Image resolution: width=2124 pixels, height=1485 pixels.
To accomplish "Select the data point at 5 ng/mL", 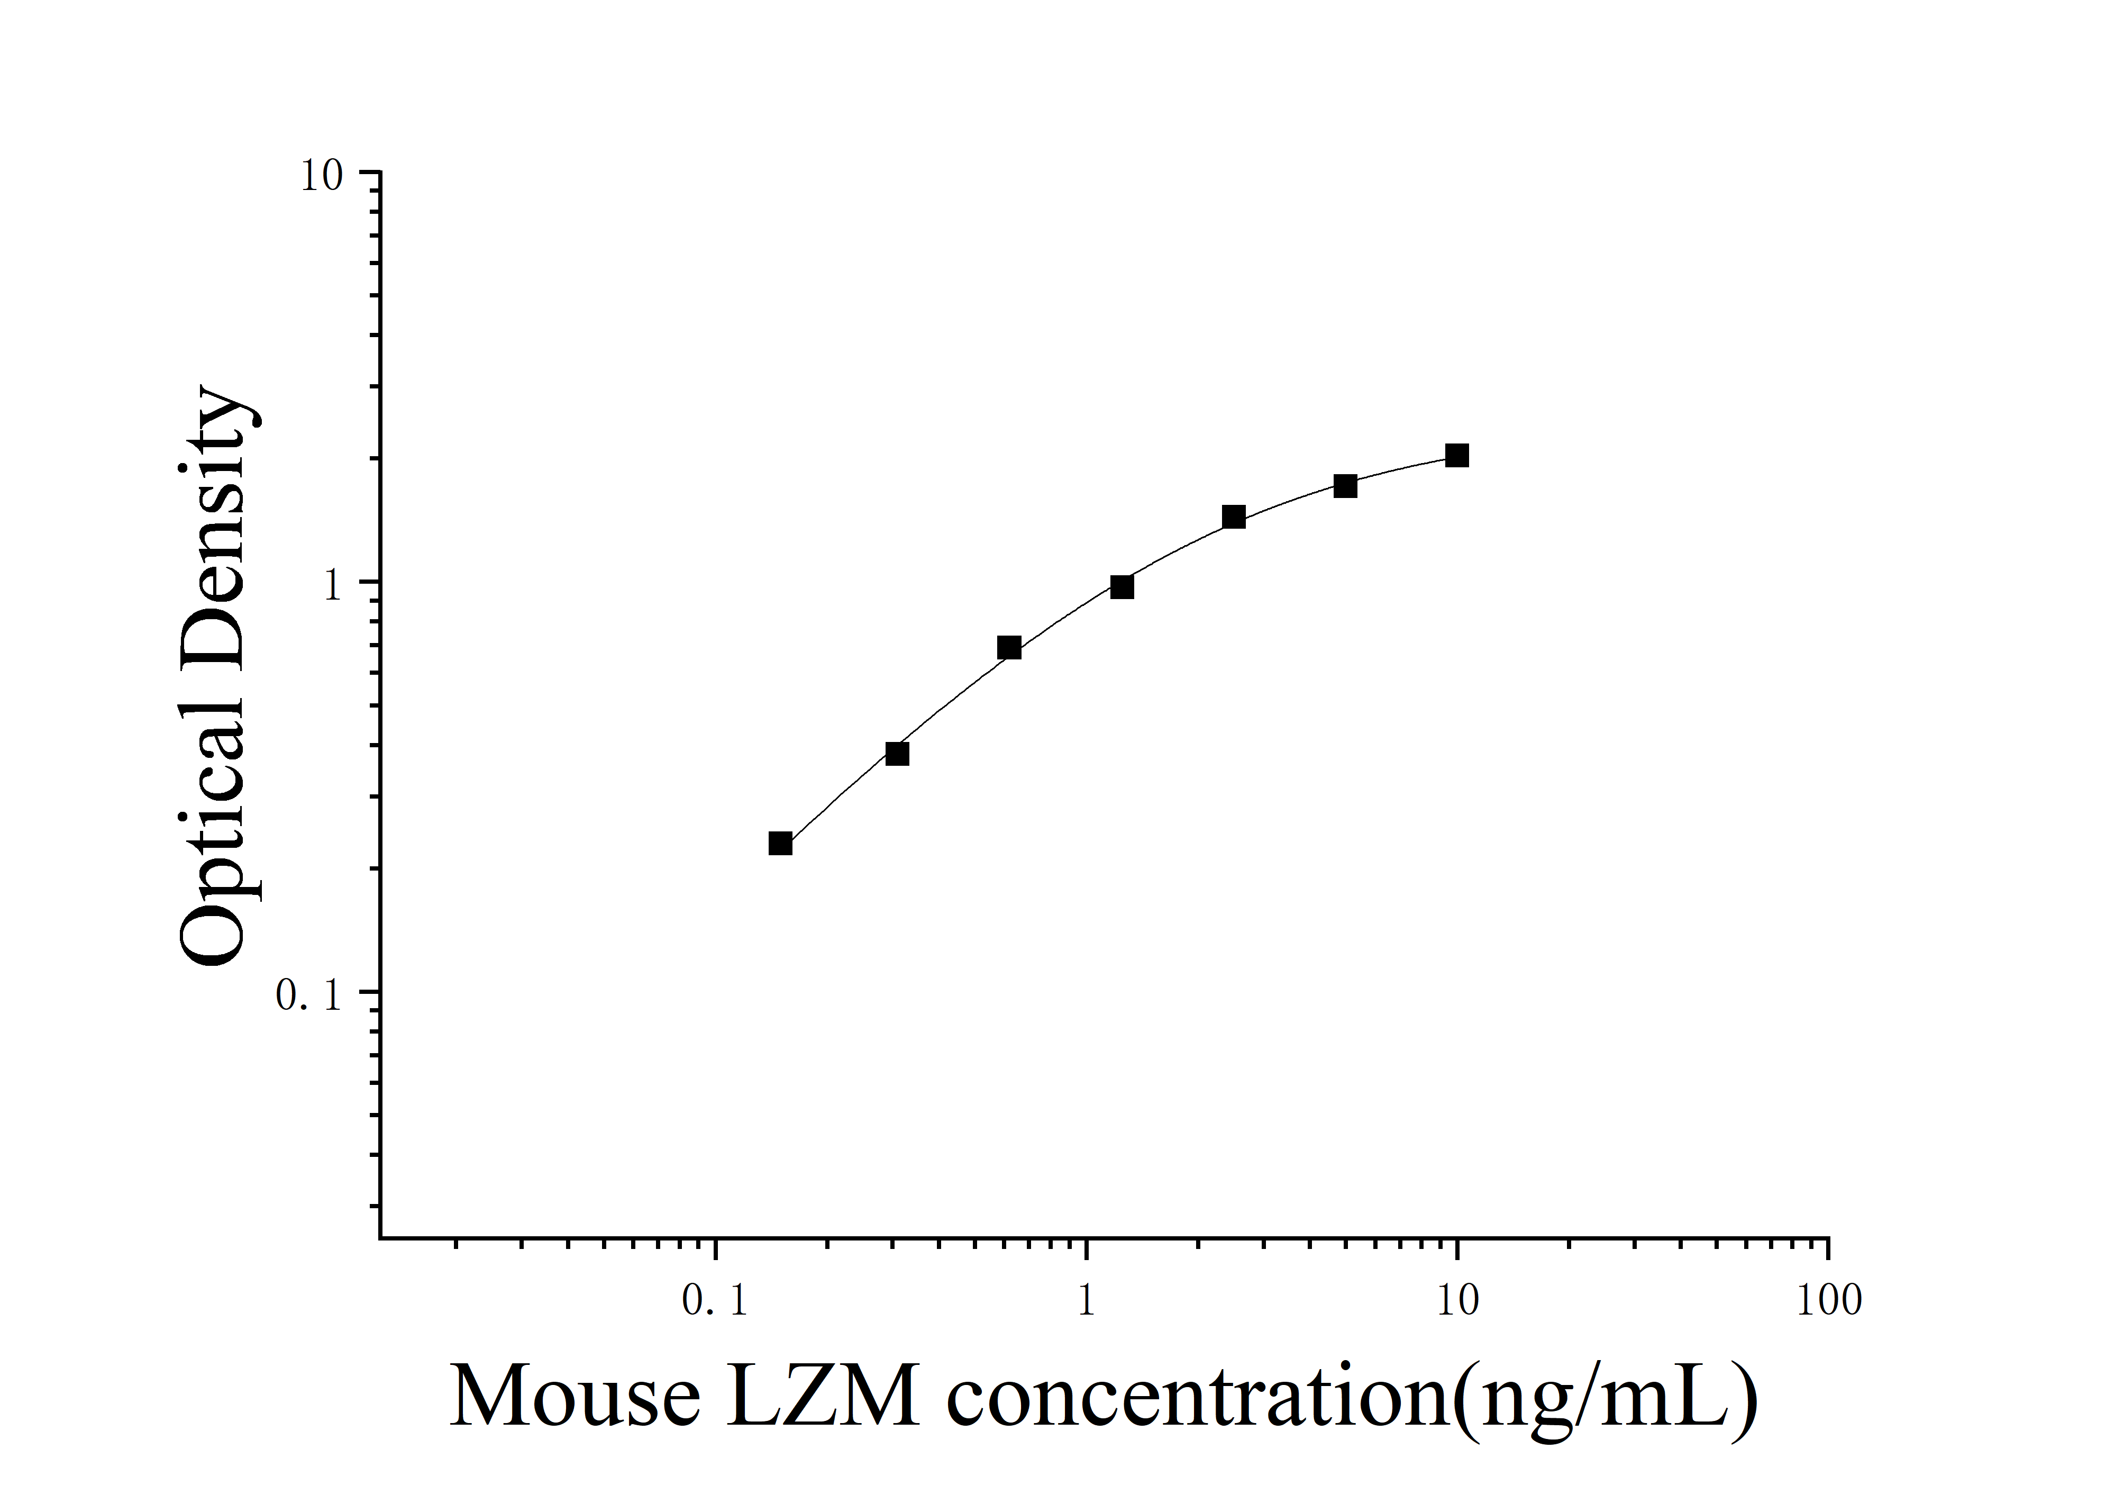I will pyautogui.click(x=1345, y=486).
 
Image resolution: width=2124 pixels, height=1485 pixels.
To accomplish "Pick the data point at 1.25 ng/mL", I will pyautogui.click(x=1122, y=586).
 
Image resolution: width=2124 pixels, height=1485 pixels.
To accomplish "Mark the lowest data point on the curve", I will pyautogui.click(x=781, y=843).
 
